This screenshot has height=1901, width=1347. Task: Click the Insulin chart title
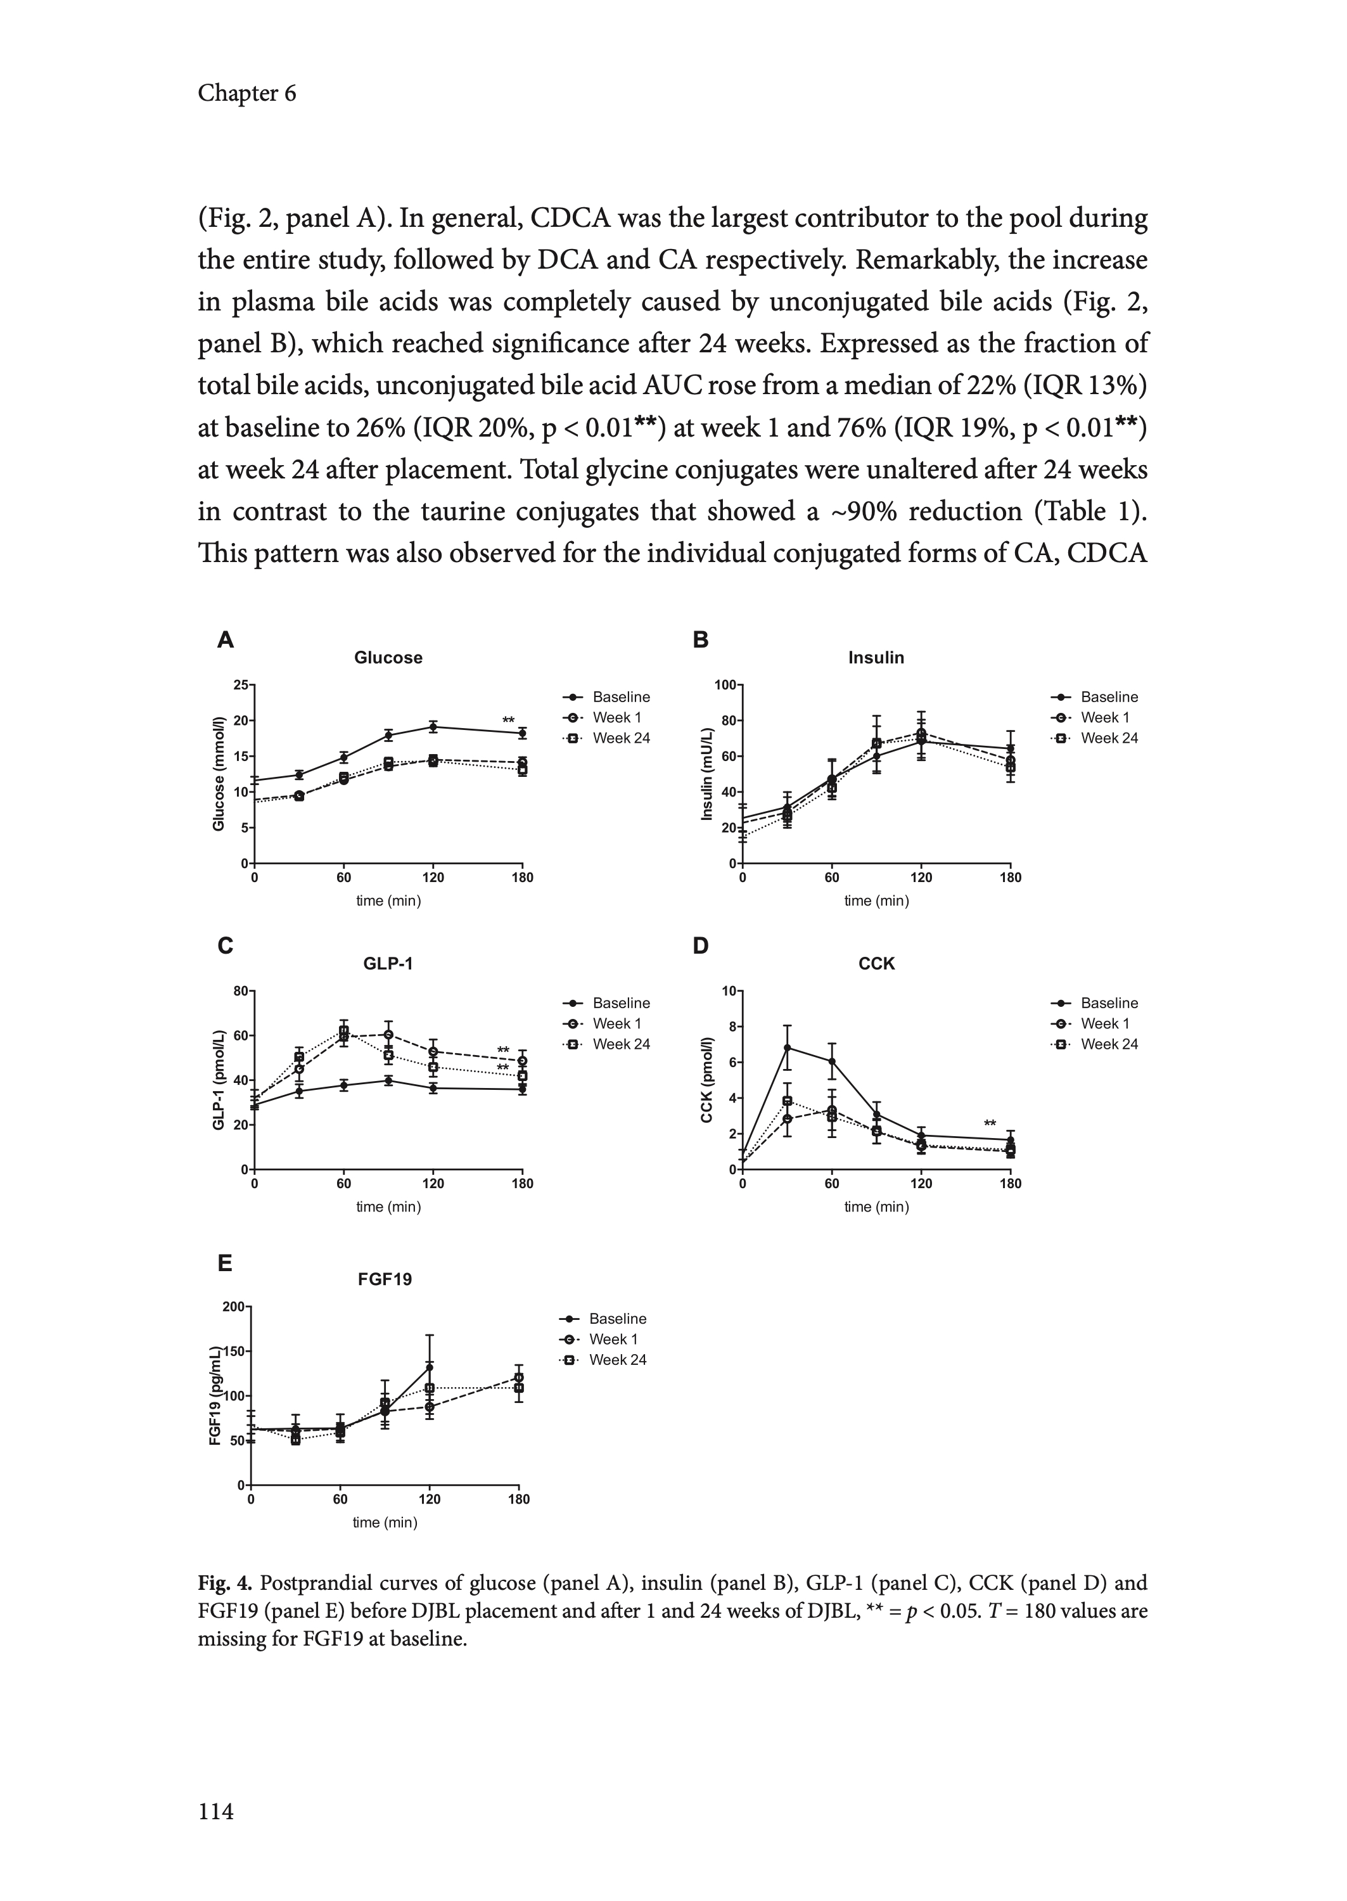click(876, 658)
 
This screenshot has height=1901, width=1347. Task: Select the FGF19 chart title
click(384, 1279)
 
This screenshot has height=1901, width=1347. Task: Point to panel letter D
click(701, 946)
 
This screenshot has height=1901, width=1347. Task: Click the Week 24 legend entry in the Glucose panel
click(620, 738)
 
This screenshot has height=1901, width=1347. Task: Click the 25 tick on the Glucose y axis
click(241, 685)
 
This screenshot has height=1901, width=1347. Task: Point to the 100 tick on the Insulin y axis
click(725, 685)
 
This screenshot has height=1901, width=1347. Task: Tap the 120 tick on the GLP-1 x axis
click(433, 1184)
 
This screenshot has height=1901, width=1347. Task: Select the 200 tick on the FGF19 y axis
click(233, 1307)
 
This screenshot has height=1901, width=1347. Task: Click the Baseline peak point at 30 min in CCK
click(787, 1047)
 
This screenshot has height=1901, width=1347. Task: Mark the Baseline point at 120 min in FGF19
click(430, 1367)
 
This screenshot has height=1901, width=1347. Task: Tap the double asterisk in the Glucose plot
click(508, 720)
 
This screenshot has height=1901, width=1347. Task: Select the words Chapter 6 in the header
click(246, 94)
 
